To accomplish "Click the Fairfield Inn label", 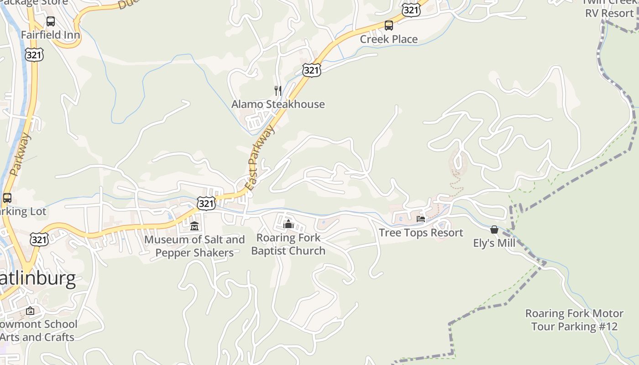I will click(50, 35).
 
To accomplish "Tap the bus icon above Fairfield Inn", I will click(50, 21).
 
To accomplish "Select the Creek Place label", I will click(388, 39).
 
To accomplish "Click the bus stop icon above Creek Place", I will click(389, 26).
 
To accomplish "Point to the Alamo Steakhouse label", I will click(278, 104).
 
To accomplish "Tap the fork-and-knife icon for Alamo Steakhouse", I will click(278, 90).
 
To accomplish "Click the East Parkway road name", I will click(261, 158).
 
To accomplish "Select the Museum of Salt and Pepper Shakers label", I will click(194, 246).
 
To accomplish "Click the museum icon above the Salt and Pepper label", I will click(194, 226).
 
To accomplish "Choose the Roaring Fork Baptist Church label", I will click(288, 244).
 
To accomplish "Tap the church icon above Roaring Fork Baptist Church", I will click(288, 224).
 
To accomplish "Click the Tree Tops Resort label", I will click(421, 233).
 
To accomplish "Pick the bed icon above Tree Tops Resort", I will click(421, 219).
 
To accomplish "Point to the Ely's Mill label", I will click(494, 243).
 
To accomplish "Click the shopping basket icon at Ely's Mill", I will click(494, 229).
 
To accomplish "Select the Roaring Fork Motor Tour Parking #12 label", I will click(574, 320).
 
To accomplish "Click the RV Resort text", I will click(609, 13).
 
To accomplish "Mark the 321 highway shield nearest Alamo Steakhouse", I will click(311, 70).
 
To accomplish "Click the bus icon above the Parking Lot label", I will click(7, 198).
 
